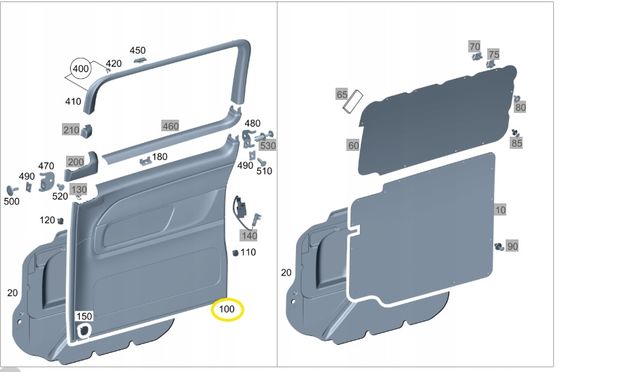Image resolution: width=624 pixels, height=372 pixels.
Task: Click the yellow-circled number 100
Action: (227, 309)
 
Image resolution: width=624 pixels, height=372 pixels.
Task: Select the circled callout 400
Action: (80, 69)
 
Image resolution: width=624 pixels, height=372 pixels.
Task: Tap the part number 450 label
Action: (137, 50)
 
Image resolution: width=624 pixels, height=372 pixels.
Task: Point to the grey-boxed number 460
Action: (170, 126)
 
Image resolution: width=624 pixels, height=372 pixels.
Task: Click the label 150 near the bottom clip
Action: (84, 316)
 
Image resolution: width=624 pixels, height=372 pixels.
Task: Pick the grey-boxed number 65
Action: (342, 95)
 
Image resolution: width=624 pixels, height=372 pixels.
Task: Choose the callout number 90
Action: (512, 246)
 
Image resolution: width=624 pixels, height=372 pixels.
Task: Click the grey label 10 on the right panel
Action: (500, 209)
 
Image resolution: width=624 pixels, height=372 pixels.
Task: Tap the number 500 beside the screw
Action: (12, 201)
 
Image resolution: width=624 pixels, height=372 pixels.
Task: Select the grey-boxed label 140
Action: (249, 235)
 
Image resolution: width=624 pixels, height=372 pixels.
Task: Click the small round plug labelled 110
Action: (235, 252)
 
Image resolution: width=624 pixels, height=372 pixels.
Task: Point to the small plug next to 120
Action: (61, 220)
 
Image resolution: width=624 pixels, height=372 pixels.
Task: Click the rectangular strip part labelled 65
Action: (353, 101)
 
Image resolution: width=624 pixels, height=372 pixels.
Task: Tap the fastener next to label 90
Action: (499, 247)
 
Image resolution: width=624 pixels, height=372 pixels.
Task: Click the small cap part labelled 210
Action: (86, 131)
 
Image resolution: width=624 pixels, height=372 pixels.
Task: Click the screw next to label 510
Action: (261, 162)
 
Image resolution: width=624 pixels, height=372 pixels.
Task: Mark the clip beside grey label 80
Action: (517, 99)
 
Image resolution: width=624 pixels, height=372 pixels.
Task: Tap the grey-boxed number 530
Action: (268, 146)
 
